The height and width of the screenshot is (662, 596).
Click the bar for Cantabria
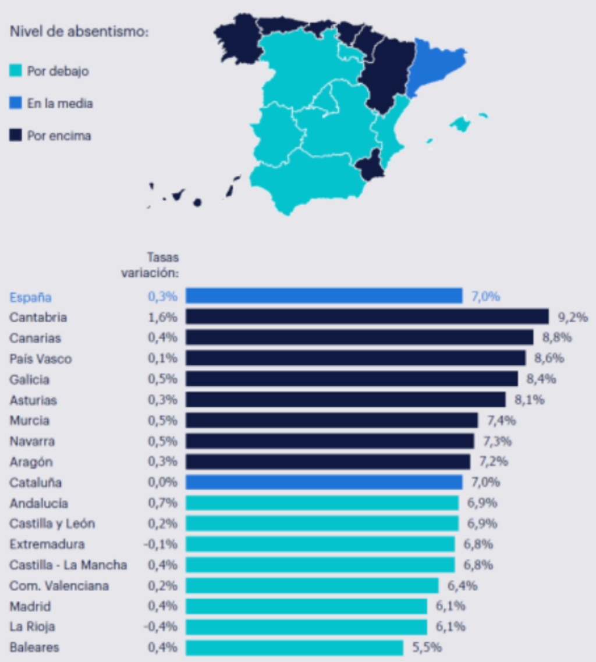[x=367, y=316]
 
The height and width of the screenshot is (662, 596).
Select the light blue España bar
[x=324, y=296]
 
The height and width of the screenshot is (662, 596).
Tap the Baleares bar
[x=294, y=647]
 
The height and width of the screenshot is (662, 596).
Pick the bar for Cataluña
[x=324, y=482]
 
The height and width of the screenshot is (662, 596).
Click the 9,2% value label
[x=573, y=317]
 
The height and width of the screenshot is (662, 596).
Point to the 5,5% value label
[x=427, y=647]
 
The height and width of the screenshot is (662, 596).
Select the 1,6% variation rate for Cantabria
[x=162, y=317]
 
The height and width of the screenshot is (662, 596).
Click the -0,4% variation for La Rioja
[x=161, y=627]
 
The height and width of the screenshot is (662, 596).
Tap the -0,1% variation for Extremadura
[x=161, y=544]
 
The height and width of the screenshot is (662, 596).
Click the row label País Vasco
[x=41, y=359]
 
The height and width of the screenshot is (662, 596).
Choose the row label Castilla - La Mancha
[x=68, y=565]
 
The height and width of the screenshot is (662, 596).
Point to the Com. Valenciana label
[x=59, y=586]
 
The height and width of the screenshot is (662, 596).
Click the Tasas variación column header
[x=151, y=265]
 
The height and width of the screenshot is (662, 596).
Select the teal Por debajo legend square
[x=16, y=72]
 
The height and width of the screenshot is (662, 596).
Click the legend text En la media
[x=60, y=104]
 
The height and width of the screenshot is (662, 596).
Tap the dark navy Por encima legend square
[x=16, y=136]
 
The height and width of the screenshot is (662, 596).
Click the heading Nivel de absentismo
[x=79, y=32]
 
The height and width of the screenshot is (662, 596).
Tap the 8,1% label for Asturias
[x=528, y=400]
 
